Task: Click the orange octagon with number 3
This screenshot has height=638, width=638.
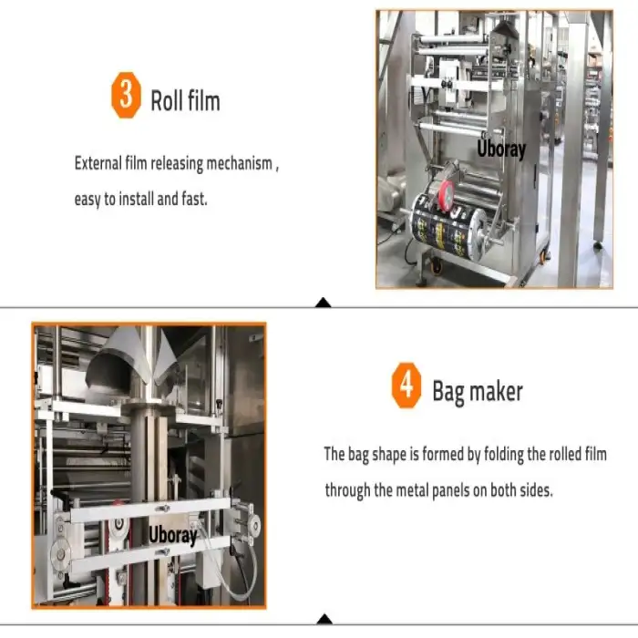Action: coord(126,98)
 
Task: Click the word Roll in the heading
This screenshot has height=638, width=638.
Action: coord(167,99)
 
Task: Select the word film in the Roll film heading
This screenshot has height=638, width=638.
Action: coord(203,99)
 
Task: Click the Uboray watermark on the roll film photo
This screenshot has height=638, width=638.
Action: coord(501,148)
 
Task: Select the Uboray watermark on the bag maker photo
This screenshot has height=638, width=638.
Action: coord(173,534)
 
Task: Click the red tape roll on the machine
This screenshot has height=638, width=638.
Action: coord(446,193)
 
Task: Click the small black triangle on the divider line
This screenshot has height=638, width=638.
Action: coord(323,303)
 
